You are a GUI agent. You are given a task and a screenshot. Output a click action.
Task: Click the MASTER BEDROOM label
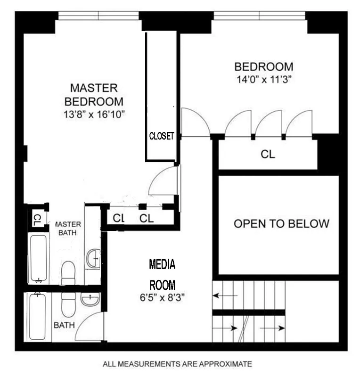[x=94, y=95]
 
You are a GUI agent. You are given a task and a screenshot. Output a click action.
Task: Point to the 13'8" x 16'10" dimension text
[x=94, y=114]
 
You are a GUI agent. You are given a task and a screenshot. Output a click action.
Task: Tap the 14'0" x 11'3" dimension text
[x=263, y=79]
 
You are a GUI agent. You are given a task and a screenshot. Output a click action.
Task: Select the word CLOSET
[x=162, y=136]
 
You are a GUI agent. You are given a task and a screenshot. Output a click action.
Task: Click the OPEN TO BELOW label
[x=281, y=223]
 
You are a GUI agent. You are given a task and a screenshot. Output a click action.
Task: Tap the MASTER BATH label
[x=68, y=229]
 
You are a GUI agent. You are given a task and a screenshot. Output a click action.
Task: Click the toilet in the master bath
[x=68, y=272]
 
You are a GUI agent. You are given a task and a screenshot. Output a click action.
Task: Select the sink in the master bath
[x=94, y=258]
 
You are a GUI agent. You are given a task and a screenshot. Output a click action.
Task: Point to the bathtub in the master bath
[x=38, y=258]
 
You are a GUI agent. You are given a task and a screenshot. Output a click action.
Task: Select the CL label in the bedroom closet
[x=268, y=154]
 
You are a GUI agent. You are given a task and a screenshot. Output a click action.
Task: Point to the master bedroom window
[x=98, y=16]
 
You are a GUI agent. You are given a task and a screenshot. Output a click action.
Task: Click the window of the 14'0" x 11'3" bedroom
[x=259, y=16]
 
